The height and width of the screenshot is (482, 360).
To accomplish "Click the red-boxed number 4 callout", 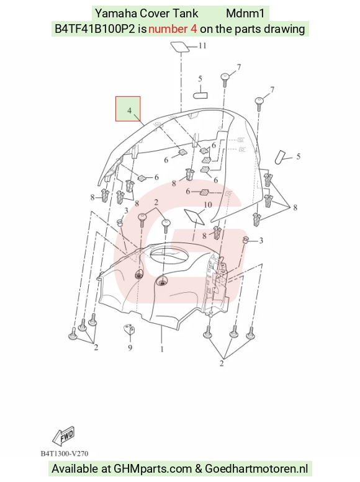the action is (129, 110).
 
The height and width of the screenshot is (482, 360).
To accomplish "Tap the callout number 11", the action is (202, 46).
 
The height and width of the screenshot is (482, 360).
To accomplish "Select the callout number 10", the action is (208, 205).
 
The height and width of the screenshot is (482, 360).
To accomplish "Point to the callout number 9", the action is (130, 347).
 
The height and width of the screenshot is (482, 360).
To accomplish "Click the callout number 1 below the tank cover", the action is (162, 349).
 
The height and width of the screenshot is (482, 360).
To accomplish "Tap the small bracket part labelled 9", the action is (130, 329).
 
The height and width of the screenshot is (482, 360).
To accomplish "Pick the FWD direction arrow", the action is (63, 436).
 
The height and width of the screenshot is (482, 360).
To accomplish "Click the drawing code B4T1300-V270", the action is (65, 453).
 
